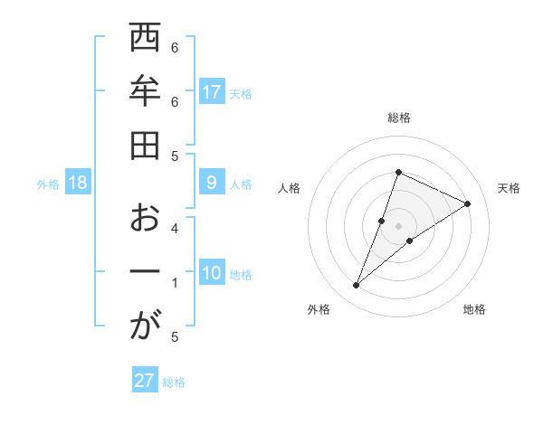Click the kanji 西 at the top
click(x=145, y=41)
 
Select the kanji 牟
click(x=145, y=92)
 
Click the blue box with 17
click(x=212, y=91)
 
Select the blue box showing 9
click(x=212, y=183)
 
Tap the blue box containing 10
click(x=212, y=273)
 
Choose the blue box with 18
click(x=78, y=183)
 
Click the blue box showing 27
click(x=145, y=380)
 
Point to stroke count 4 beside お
click(x=175, y=228)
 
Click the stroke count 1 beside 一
click(x=175, y=283)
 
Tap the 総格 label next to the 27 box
click(x=174, y=382)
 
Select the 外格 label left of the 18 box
click(x=48, y=184)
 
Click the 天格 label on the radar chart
click(x=509, y=188)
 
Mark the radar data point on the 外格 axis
click(x=357, y=286)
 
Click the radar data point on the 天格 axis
click(x=467, y=203)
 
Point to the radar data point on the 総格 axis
click(x=398, y=172)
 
